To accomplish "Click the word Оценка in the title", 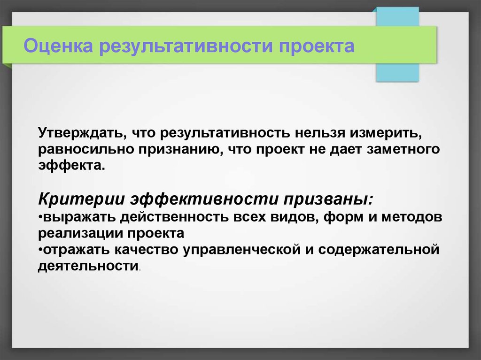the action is [x=58, y=46].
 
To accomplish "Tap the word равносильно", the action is [x=85, y=150].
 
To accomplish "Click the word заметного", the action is [x=403, y=149].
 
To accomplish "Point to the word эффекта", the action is [x=71, y=166].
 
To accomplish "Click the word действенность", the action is [x=174, y=217].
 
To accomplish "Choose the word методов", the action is [x=411, y=217].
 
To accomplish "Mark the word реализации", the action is [x=80, y=234].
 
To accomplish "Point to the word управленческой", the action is [x=242, y=250].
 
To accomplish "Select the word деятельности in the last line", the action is [x=88, y=266].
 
